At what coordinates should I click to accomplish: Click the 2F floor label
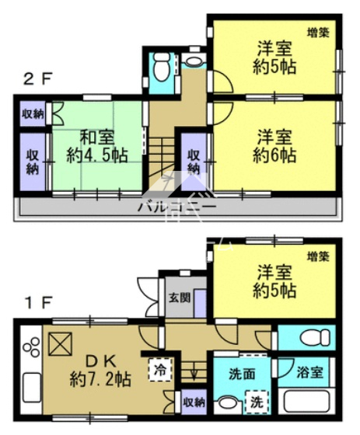point(38,80)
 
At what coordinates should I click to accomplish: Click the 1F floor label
point(38,303)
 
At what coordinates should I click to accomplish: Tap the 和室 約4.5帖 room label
point(97,147)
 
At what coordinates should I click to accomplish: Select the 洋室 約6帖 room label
point(274,147)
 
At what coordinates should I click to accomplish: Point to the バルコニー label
point(177,207)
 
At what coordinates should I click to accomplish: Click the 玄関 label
point(180,298)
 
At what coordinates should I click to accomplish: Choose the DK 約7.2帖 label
point(100,371)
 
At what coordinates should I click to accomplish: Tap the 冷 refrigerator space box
point(160,370)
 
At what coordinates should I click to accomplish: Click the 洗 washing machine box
point(257,402)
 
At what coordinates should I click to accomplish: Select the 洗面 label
point(242,374)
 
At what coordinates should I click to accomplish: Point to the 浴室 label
point(309,373)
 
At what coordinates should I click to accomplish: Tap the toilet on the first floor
point(315,338)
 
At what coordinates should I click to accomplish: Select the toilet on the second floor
point(162,67)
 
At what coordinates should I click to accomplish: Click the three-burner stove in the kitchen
point(31,346)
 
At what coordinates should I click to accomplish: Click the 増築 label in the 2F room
point(318,33)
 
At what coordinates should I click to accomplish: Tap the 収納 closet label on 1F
point(194,402)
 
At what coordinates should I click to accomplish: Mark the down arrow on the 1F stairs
point(194,373)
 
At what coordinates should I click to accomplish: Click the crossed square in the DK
point(61,344)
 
